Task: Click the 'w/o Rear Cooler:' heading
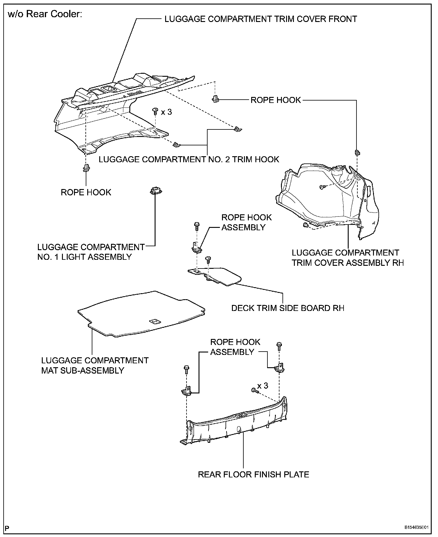(x=45, y=14)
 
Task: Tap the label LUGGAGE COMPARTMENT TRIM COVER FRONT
(x=261, y=19)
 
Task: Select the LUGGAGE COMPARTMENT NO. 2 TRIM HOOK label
(x=189, y=159)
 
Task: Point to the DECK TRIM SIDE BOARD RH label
(x=288, y=308)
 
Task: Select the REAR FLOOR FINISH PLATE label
(x=253, y=475)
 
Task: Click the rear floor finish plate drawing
(x=238, y=424)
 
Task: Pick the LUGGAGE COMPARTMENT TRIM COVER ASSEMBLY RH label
(x=347, y=258)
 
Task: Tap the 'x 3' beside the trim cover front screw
(x=166, y=112)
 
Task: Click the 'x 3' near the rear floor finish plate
(x=263, y=386)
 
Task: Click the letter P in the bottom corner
(x=8, y=528)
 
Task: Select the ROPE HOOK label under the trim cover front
(x=86, y=192)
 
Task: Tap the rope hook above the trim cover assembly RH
(x=357, y=152)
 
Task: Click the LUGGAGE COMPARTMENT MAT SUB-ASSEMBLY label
(x=95, y=365)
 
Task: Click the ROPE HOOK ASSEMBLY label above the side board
(x=246, y=222)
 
